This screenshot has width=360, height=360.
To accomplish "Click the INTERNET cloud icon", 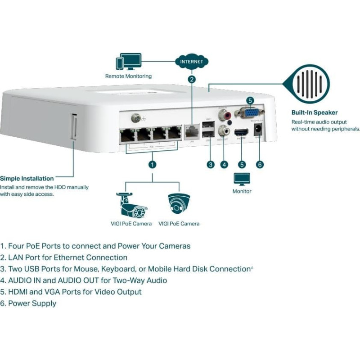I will [x=192, y=62].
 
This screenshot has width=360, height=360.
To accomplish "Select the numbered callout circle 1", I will [x=153, y=164].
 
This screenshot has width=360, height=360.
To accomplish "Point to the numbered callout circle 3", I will [x=210, y=164].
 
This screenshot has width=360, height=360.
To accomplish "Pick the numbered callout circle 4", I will [x=224, y=164].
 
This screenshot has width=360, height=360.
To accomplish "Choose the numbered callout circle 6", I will [x=259, y=164].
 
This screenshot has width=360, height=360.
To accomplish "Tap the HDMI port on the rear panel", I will [x=241, y=133].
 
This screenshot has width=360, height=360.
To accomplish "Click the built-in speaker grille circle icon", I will [x=311, y=84].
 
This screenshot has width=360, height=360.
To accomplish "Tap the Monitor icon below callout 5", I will [x=242, y=179].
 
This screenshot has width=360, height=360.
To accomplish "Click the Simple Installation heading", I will [x=27, y=179].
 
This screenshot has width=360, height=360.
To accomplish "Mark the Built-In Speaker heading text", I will [x=314, y=112].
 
